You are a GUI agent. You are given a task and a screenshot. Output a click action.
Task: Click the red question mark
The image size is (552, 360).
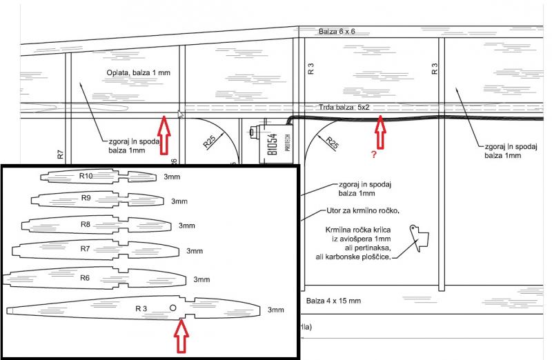[373, 155]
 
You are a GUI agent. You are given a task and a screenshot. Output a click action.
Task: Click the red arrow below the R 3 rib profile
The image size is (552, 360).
[181, 336]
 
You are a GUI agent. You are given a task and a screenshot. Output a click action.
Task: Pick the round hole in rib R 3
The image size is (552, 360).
[172, 307]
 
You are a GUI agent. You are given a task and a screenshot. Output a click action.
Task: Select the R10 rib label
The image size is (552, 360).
[86, 176]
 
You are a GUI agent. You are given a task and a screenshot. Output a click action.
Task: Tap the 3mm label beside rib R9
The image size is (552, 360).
[179, 201]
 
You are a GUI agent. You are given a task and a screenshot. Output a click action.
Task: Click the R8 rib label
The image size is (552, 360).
[86, 224]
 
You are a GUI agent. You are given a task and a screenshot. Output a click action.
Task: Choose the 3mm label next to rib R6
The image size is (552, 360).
[201, 279]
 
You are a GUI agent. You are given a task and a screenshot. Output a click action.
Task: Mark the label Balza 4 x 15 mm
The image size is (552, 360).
[333, 301]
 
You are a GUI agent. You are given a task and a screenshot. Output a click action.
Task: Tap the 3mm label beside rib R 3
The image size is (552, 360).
[276, 310]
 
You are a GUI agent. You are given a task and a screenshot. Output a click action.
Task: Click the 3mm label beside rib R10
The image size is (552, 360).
[172, 177]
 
